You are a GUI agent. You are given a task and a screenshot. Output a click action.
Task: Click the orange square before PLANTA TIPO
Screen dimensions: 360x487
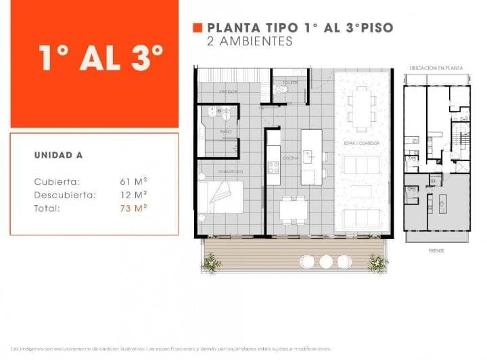198,28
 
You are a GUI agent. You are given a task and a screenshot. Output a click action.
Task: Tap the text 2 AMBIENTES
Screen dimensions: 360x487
250,41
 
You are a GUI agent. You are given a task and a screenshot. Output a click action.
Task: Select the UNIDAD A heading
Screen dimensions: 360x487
58,155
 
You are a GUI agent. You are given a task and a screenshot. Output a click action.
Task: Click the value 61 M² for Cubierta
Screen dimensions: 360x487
133,181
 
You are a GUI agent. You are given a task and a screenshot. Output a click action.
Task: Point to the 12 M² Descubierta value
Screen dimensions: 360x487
133,195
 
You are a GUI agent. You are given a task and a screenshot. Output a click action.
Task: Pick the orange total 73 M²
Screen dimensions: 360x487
133,208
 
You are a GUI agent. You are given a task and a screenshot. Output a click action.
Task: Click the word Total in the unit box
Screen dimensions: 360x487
47,208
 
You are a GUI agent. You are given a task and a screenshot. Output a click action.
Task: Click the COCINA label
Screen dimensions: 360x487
291,158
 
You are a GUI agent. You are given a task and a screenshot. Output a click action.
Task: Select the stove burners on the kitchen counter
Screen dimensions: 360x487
273,166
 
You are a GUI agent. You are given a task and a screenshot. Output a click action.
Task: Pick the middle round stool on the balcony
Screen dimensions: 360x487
326,261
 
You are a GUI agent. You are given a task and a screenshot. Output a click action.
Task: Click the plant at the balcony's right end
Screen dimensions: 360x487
377,263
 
